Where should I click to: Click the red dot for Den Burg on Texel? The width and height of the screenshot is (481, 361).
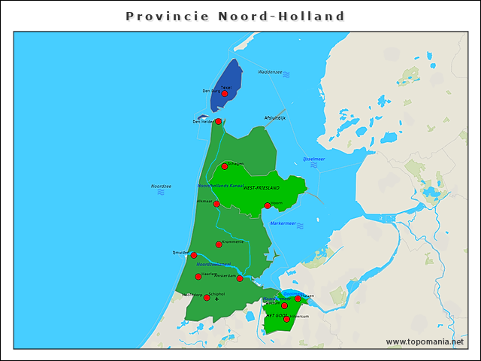(224, 94)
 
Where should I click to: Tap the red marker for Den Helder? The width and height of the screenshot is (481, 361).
(218, 122)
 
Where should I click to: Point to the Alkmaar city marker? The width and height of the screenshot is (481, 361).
(216, 204)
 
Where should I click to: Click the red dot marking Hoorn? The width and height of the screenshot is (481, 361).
(268, 205)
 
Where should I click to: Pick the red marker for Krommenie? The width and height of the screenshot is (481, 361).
(219, 244)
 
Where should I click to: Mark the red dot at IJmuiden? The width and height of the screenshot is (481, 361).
(193, 256)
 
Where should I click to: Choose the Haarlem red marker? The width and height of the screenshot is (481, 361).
(198, 277)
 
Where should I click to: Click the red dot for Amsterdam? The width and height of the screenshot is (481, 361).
(240, 279)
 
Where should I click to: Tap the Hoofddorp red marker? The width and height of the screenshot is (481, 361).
(207, 298)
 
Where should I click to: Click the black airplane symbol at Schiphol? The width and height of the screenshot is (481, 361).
(217, 299)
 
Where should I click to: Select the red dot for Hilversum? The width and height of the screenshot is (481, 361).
(286, 320)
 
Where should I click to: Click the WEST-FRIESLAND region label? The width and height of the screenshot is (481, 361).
(261, 187)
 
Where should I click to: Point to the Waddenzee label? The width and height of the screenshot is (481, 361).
(270, 72)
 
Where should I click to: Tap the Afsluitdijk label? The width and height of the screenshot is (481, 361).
(275, 118)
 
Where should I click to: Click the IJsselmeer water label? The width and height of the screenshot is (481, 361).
(313, 159)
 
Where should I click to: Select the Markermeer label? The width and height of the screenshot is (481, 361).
(283, 223)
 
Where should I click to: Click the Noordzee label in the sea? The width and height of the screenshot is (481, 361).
(161, 186)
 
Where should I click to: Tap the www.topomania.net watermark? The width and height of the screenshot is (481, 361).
(425, 342)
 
